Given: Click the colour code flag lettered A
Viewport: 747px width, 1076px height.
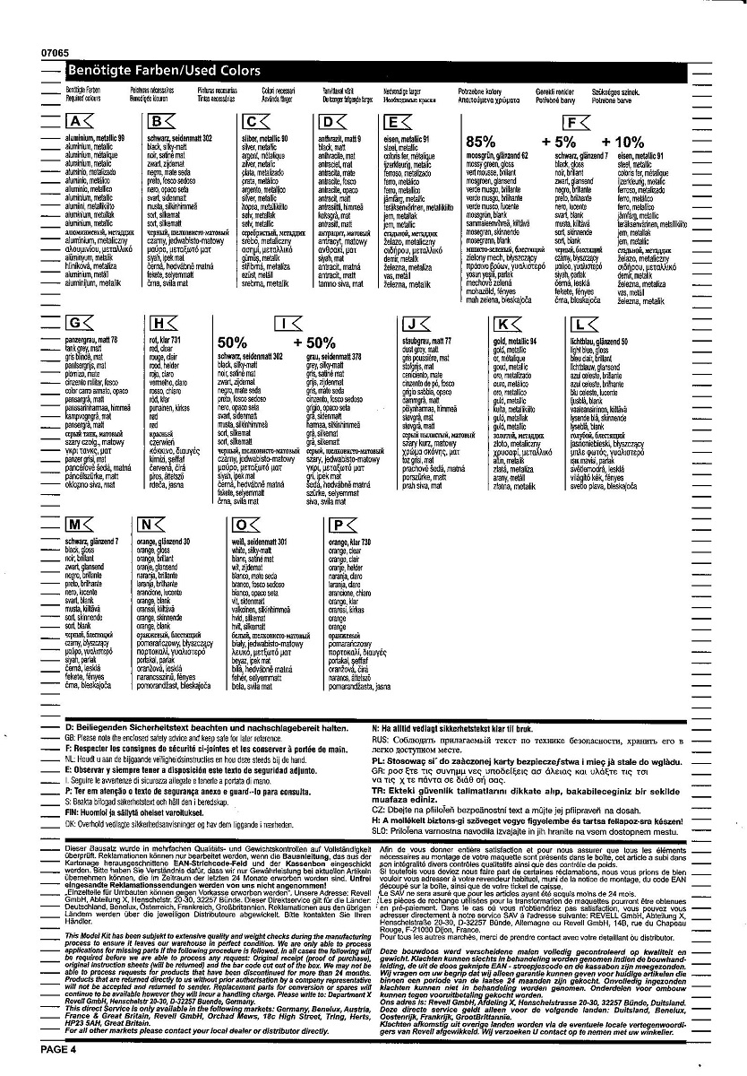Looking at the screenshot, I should click(x=80, y=122).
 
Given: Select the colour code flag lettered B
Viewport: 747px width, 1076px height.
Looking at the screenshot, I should click(x=161, y=122).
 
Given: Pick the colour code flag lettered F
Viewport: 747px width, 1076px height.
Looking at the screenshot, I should click(x=574, y=122).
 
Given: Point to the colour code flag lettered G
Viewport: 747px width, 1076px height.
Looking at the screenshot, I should click(x=80, y=323).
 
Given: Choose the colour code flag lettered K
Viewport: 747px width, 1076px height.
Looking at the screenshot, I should click(x=509, y=323).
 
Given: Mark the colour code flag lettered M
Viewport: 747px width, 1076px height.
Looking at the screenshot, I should click(x=80, y=525).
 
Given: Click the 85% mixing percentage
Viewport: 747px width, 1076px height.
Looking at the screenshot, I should click(x=480, y=142).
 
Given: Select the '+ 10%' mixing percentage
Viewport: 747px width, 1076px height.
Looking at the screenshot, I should click(x=622, y=142).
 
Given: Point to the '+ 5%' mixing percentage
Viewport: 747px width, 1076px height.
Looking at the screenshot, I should click(x=559, y=142).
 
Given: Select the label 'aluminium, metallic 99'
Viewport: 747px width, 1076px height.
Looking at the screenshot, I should click(x=95, y=138).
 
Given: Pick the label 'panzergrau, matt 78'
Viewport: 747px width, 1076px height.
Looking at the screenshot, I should click(x=91, y=340).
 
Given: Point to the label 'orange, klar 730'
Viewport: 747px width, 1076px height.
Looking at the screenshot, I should click(x=350, y=542).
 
